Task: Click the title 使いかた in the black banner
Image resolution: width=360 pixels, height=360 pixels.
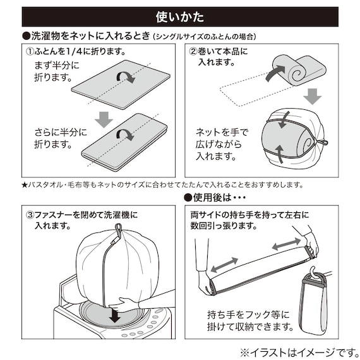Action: click(180, 16)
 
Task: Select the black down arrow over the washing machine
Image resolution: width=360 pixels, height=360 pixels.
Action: click(114, 314)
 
